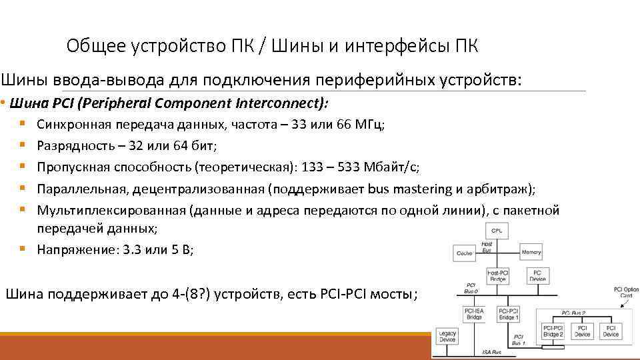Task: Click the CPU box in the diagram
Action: click(x=497, y=231)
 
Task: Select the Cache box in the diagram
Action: click(x=465, y=253)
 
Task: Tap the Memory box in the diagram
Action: click(x=531, y=253)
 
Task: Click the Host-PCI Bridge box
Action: click(x=497, y=276)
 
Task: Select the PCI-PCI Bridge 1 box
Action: click(x=509, y=314)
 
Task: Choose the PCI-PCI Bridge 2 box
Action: click(x=553, y=331)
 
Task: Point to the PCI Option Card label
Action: click(x=626, y=293)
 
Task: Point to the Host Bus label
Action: click(x=487, y=247)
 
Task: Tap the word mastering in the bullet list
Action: click(x=421, y=189)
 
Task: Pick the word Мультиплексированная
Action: click(x=111, y=211)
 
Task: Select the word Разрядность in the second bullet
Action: click(x=71, y=145)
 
